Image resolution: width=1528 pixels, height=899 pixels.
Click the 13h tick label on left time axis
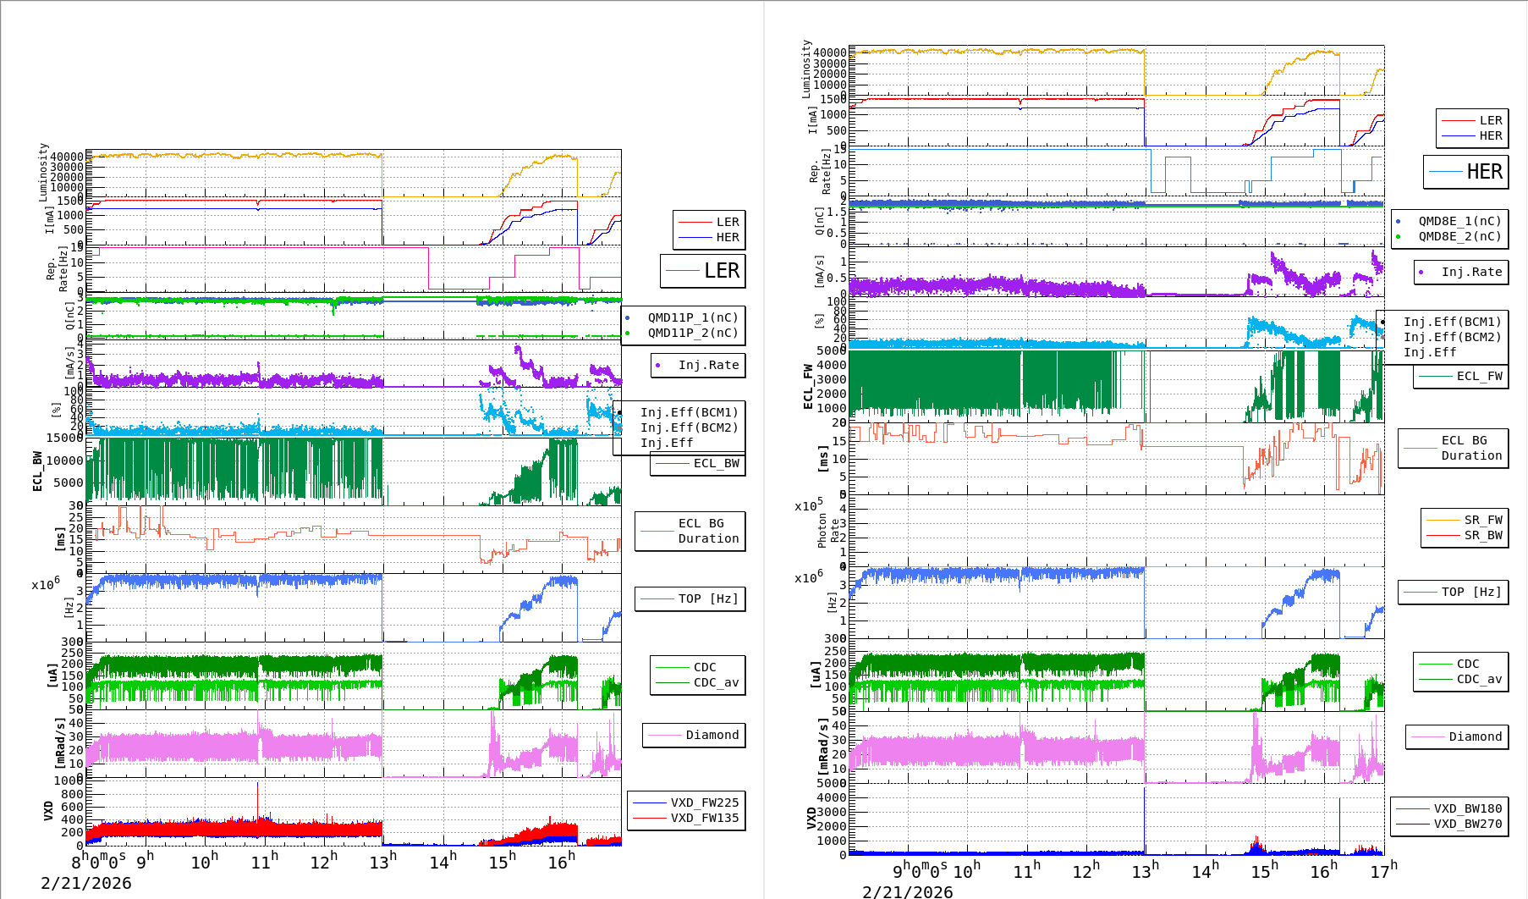(x=382, y=862)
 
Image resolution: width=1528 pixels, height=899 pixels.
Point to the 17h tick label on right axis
(x=1384, y=871)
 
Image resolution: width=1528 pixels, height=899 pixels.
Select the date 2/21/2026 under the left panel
(x=86, y=883)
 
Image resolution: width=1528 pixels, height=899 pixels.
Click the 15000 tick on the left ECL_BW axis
(x=64, y=438)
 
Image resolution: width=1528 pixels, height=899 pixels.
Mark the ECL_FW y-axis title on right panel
(x=808, y=387)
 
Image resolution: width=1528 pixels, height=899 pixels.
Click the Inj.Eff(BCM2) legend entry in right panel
(x=1452, y=337)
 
